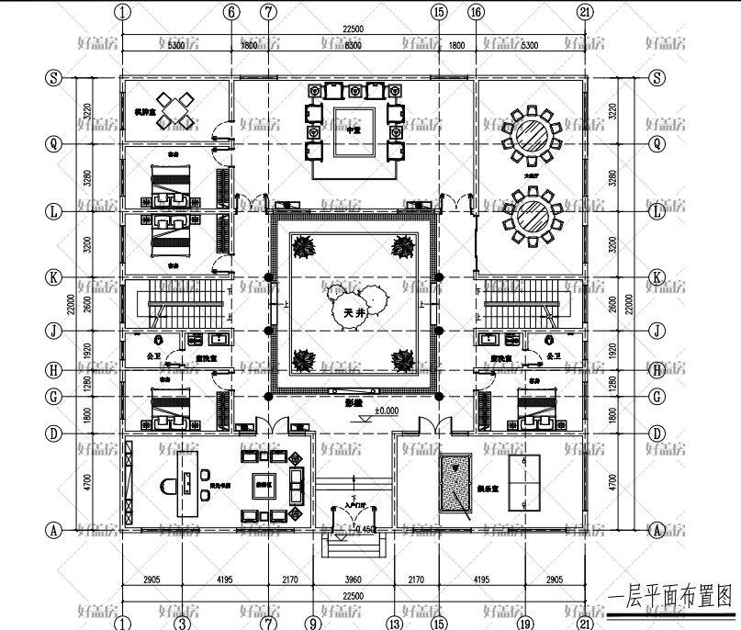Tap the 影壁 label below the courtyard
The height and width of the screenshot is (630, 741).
coord(354,400)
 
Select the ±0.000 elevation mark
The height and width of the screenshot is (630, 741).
coord(387,411)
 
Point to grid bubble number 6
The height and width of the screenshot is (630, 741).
coord(230,12)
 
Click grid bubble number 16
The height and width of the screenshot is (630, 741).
coord(475,12)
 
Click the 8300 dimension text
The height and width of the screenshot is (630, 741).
coord(354,44)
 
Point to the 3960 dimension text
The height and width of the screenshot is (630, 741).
coord(354,579)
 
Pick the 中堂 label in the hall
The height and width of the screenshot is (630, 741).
coord(354,130)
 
